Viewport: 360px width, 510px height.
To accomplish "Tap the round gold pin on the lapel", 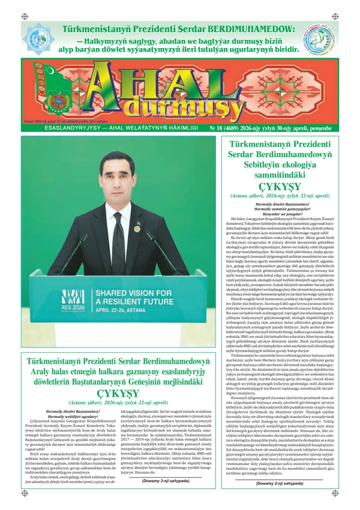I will pyautogui.click(x=137, y=229).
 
